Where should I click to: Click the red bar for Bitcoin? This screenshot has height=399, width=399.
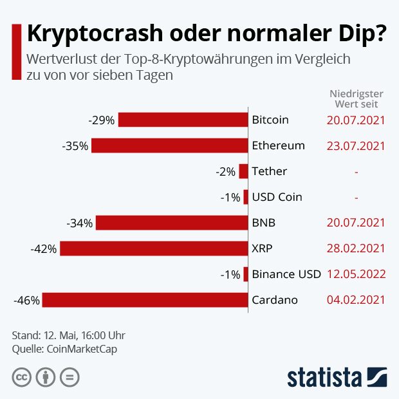click(x=183, y=120)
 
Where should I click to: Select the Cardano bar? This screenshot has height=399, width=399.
click(x=145, y=300)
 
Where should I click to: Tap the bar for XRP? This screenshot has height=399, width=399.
click(x=154, y=248)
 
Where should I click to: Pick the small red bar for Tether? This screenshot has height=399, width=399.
click(x=243, y=171)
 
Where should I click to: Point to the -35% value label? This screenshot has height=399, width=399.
click(x=75, y=145)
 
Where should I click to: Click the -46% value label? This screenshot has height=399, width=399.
click(x=26, y=300)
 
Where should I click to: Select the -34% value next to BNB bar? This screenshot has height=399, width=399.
click(x=80, y=223)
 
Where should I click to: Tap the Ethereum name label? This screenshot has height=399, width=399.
click(x=278, y=145)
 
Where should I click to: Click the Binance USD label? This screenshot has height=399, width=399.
click(x=286, y=274)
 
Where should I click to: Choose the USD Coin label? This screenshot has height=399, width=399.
click(x=277, y=197)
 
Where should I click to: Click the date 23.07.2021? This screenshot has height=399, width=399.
click(x=356, y=145)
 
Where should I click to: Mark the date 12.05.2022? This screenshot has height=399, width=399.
click(x=356, y=274)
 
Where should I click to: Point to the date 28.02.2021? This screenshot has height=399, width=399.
click(x=356, y=248)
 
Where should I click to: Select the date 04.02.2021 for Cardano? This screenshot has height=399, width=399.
click(x=356, y=300)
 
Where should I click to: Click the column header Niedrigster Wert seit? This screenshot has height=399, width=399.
click(x=356, y=98)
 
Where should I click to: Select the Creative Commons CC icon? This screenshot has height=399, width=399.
click(x=22, y=377)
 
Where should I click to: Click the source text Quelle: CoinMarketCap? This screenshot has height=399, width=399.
click(x=64, y=349)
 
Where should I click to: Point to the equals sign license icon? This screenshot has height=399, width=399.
click(x=70, y=377)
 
